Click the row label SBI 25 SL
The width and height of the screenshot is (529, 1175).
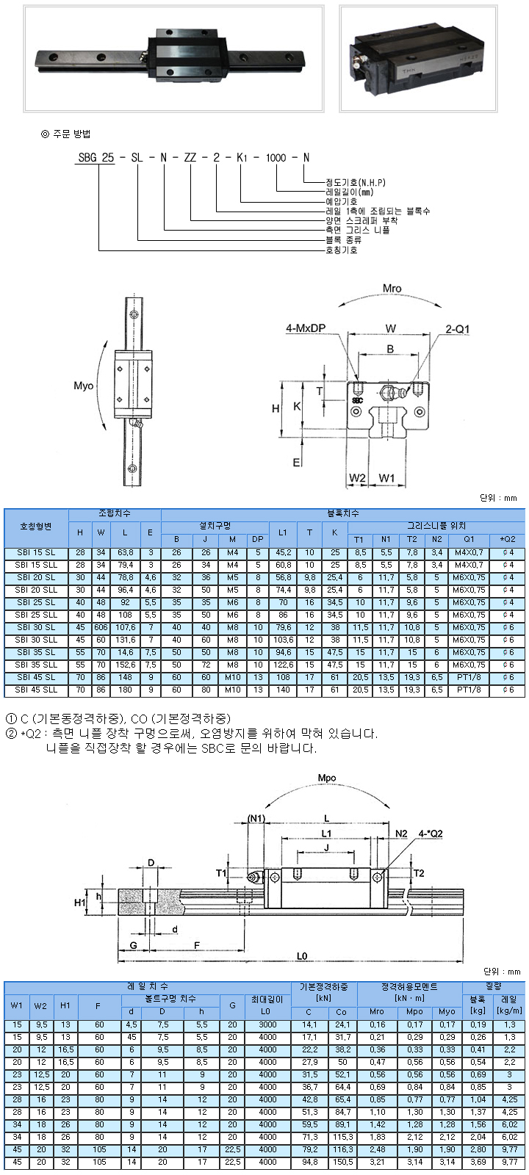point(36,602)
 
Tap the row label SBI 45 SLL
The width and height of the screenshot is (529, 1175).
point(36,690)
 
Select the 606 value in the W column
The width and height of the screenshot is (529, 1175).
point(101,627)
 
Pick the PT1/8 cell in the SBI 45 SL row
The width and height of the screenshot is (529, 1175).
point(469,677)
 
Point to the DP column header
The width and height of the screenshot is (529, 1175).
point(258,539)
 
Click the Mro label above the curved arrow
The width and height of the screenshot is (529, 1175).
point(392,289)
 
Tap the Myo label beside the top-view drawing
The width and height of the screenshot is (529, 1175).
point(84,386)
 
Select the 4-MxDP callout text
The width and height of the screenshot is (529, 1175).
point(306,328)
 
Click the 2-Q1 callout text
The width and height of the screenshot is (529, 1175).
point(458,329)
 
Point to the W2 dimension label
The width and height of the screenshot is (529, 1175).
point(357,478)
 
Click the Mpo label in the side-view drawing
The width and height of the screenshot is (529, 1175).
point(326,778)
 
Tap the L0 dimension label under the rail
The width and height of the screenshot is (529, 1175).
point(302,956)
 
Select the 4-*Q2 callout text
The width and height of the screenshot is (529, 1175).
point(431,834)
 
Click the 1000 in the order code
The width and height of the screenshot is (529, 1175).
point(276,157)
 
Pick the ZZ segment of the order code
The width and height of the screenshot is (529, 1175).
point(190,157)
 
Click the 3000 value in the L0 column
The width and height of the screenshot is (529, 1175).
point(267,1024)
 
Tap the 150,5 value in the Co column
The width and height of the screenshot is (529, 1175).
point(342,1162)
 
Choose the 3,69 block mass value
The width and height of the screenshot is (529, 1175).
point(478,1162)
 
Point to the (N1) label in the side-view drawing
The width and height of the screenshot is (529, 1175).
point(256,818)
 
